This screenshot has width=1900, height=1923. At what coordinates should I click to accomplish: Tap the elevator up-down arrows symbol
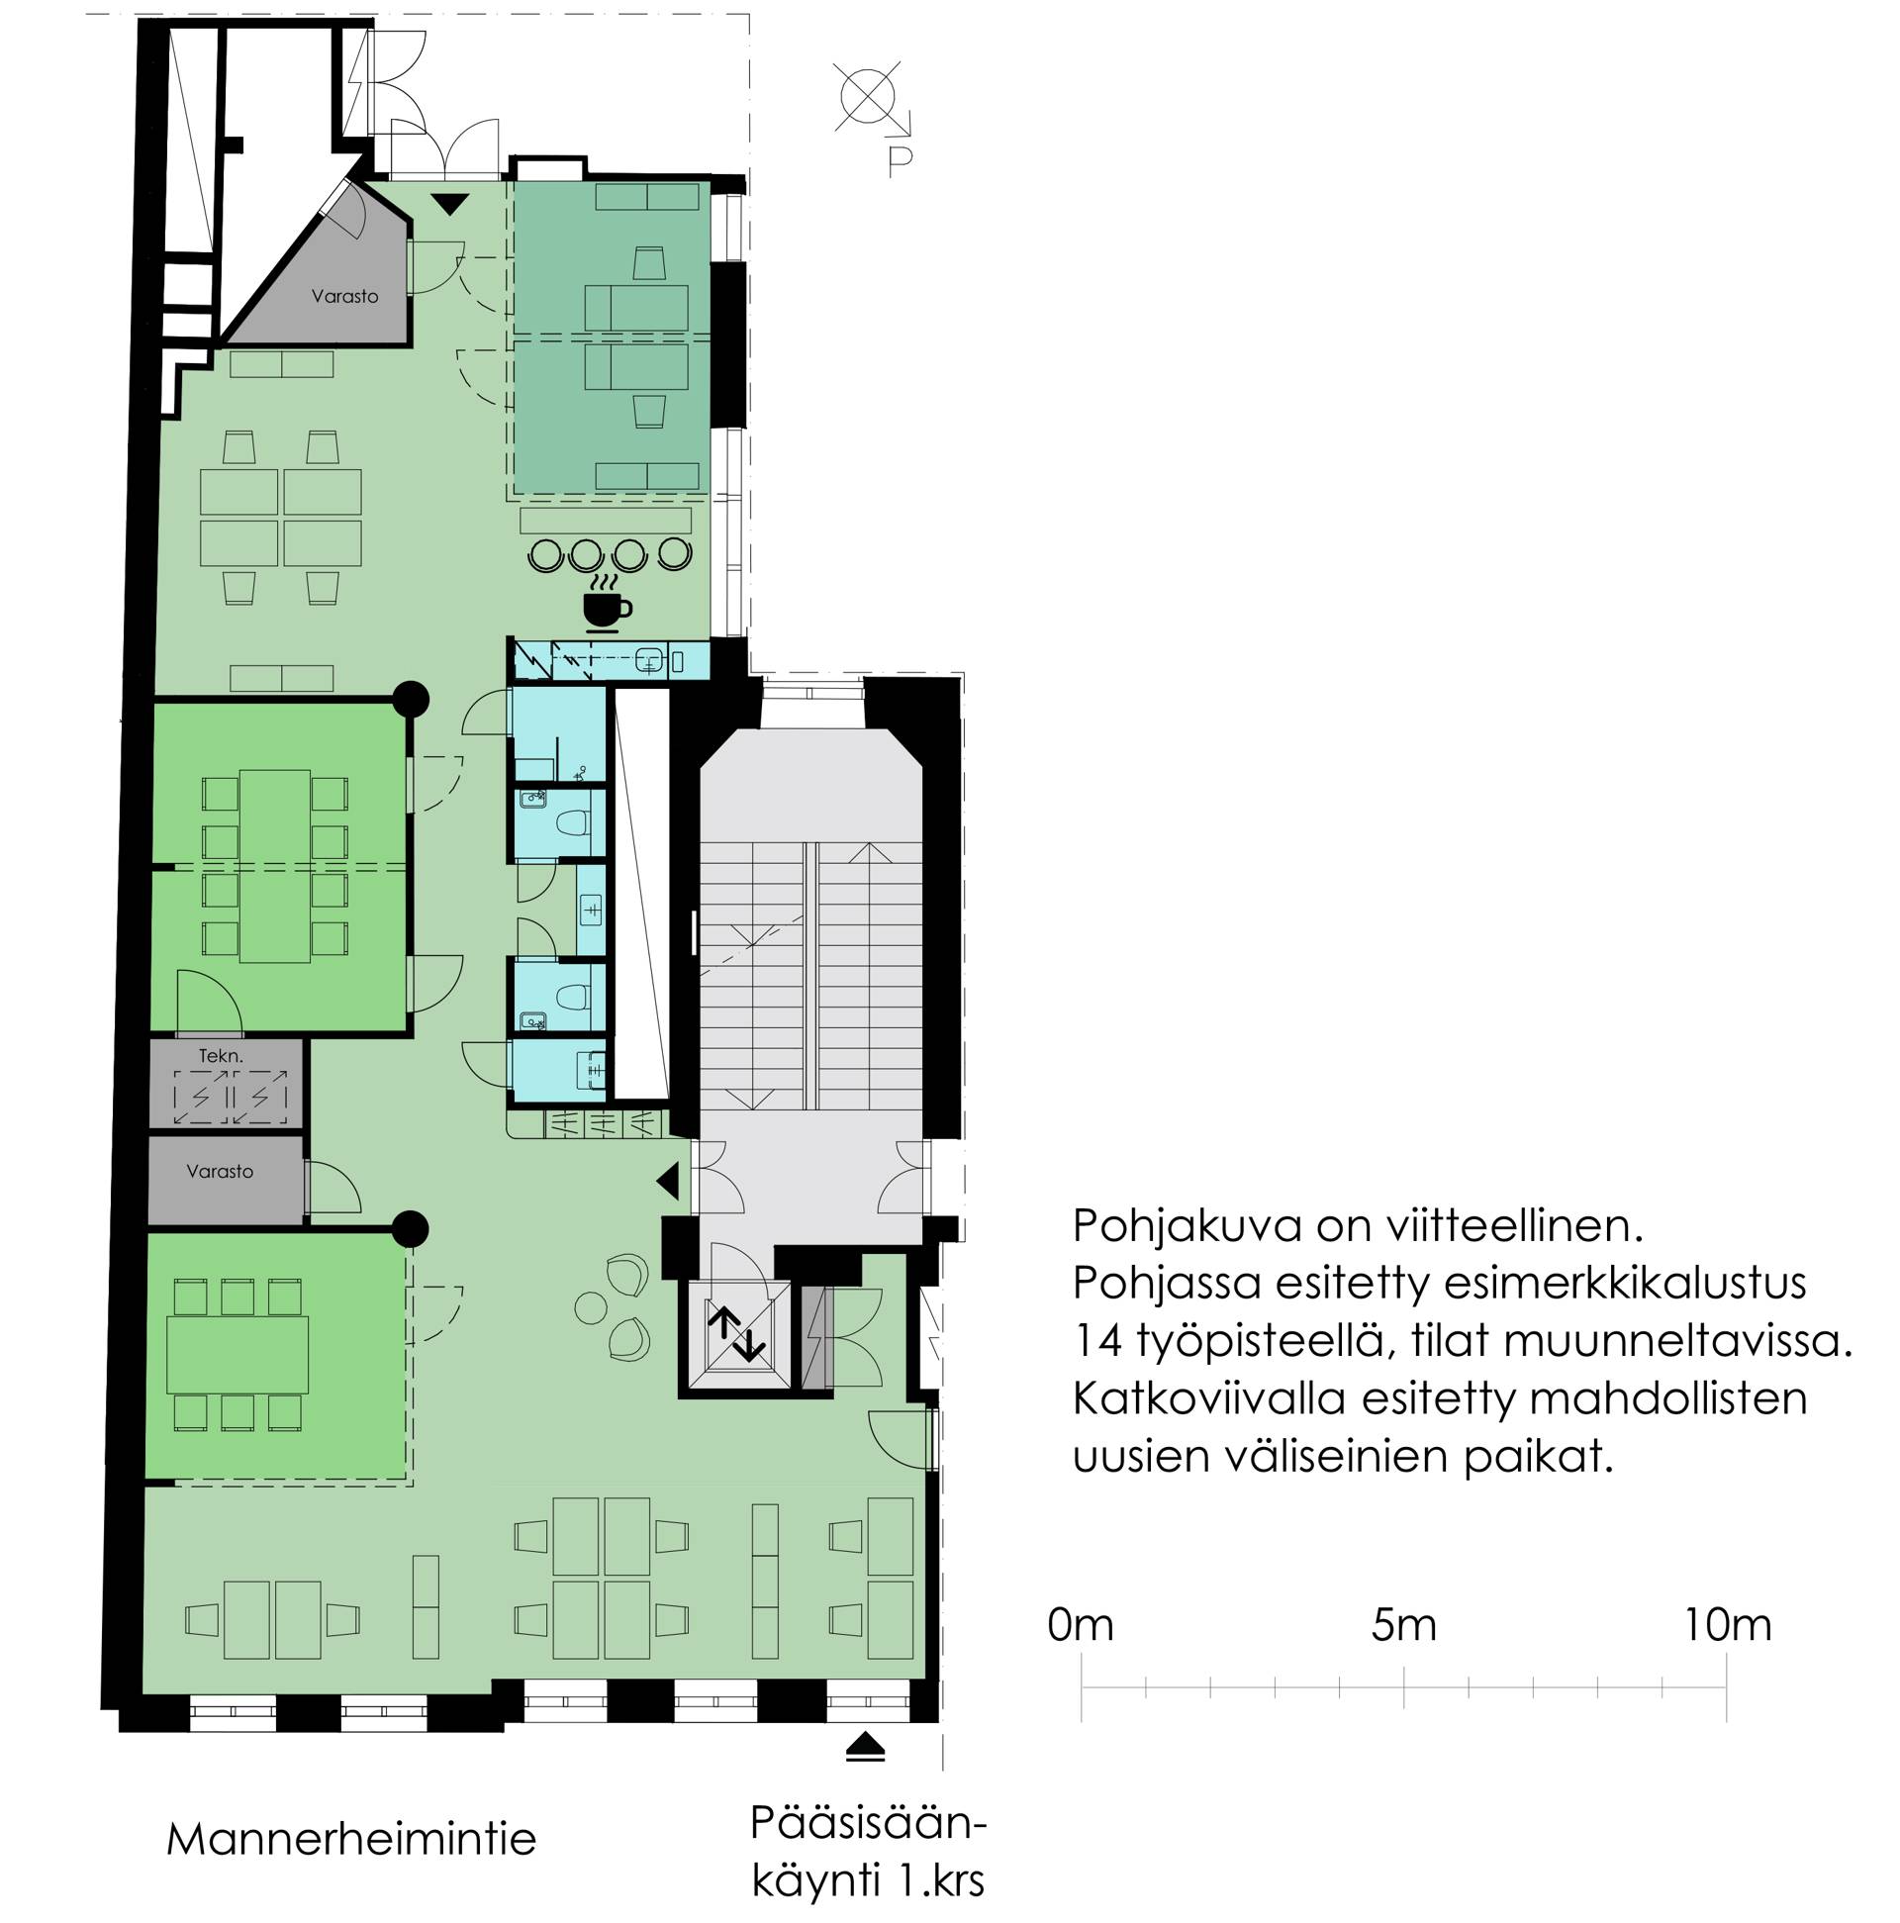pyautogui.click(x=736, y=1334)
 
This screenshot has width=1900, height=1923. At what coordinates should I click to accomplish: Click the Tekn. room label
pyautogui.click(x=221, y=1056)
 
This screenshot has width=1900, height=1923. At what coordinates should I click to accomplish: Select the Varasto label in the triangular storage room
pyautogui.click(x=344, y=296)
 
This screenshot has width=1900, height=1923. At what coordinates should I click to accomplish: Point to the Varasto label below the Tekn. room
pyautogui.click(x=219, y=1172)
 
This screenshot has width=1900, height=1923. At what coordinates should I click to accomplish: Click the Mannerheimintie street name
pyautogui.click(x=351, y=1839)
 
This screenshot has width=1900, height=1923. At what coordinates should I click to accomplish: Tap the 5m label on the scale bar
pyautogui.click(x=1403, y=1625)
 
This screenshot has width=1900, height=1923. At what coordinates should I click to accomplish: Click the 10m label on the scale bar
pyautogui.click(x=1727, y=1625)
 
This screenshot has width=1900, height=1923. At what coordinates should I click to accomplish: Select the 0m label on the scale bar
pyautogui.click(x=1080, y=1625)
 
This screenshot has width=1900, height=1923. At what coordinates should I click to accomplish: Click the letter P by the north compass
pyautogui.click(x=900, y=161)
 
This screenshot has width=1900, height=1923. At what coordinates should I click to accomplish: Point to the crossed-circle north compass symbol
pyautogui.click(x=868, y=98)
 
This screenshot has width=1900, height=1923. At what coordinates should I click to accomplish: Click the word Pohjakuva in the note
pyautogui.click(x=1187, y=1227)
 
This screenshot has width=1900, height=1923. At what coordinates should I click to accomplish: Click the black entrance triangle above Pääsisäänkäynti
pyautogui.click(x=864, y=1748)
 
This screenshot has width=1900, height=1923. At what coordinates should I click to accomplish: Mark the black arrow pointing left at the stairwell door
pyautogui.click(x=668, y=1182)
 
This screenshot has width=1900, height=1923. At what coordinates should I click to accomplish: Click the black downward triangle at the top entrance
pyautogui.click(x=450, y=204)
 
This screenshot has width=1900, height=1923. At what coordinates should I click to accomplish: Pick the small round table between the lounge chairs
pyautogui.click(x=591, y=1306)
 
